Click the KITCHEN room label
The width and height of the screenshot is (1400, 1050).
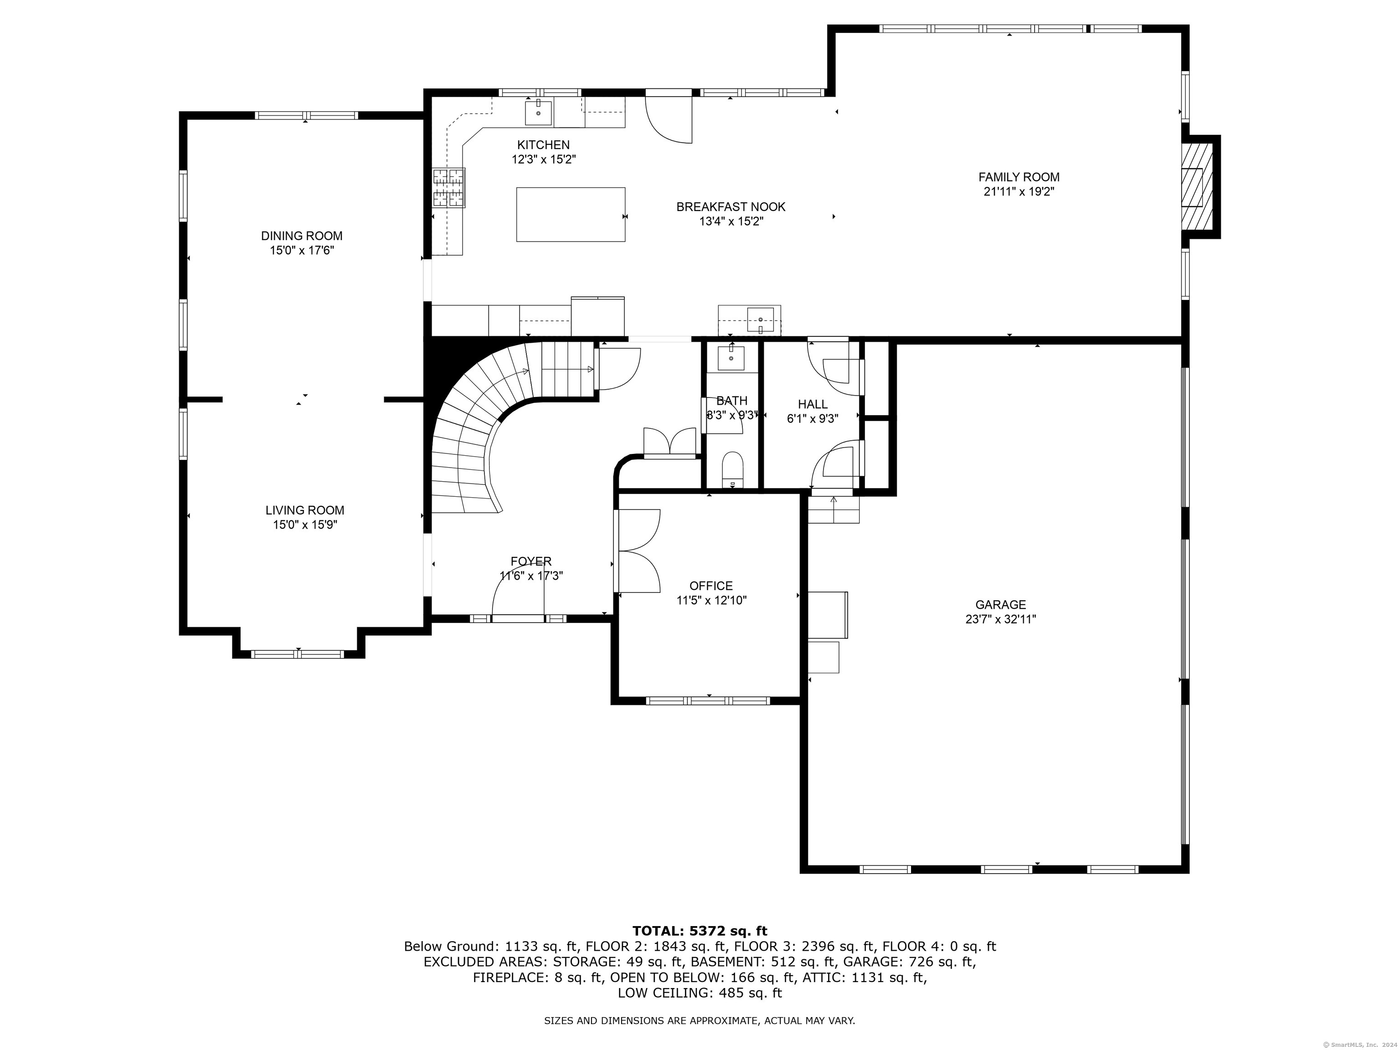[543, 145]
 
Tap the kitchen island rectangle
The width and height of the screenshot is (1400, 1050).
[571, 215]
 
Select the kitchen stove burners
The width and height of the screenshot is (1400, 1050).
[449, 187]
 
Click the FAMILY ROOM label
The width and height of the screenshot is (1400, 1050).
[1019, 177]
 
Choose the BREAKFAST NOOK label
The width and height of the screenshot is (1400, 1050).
[731, 207]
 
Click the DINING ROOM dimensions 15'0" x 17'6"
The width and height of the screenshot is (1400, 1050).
[302, 251]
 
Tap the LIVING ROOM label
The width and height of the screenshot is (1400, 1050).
[304, 510]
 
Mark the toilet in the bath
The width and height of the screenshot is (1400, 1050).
[733, 469]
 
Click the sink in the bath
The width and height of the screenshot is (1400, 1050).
[731, 358]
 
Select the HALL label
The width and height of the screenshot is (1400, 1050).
[813, 404]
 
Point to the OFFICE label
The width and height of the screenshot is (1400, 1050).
[711, 586]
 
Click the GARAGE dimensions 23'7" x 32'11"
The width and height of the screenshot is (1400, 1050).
[1001, 620]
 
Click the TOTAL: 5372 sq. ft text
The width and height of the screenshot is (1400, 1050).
[700, 931]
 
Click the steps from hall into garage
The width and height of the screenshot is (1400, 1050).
[834, 508]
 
